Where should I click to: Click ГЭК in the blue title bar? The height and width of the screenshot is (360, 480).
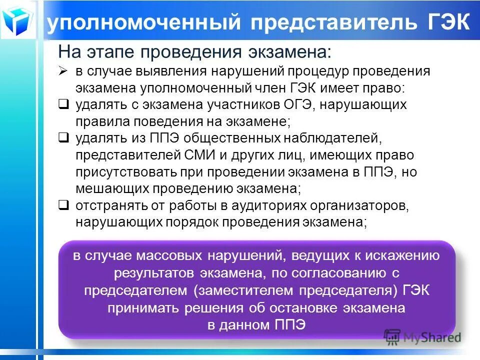click(448, 23)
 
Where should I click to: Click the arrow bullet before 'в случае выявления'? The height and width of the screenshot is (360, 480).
click(63, 71)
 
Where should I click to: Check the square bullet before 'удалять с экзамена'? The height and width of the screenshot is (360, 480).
click(63, 104)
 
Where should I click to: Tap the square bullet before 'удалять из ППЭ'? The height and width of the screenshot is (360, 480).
click(63, 138)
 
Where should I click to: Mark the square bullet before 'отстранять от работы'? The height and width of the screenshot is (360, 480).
click(63, 205)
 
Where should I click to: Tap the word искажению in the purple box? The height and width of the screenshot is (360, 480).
click(402, 256)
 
